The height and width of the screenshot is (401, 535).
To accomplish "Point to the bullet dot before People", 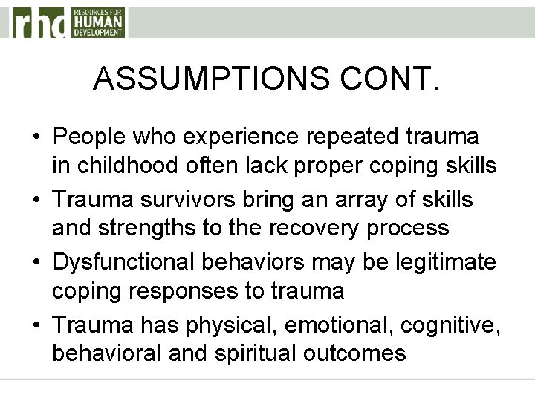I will coord(36,138).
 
